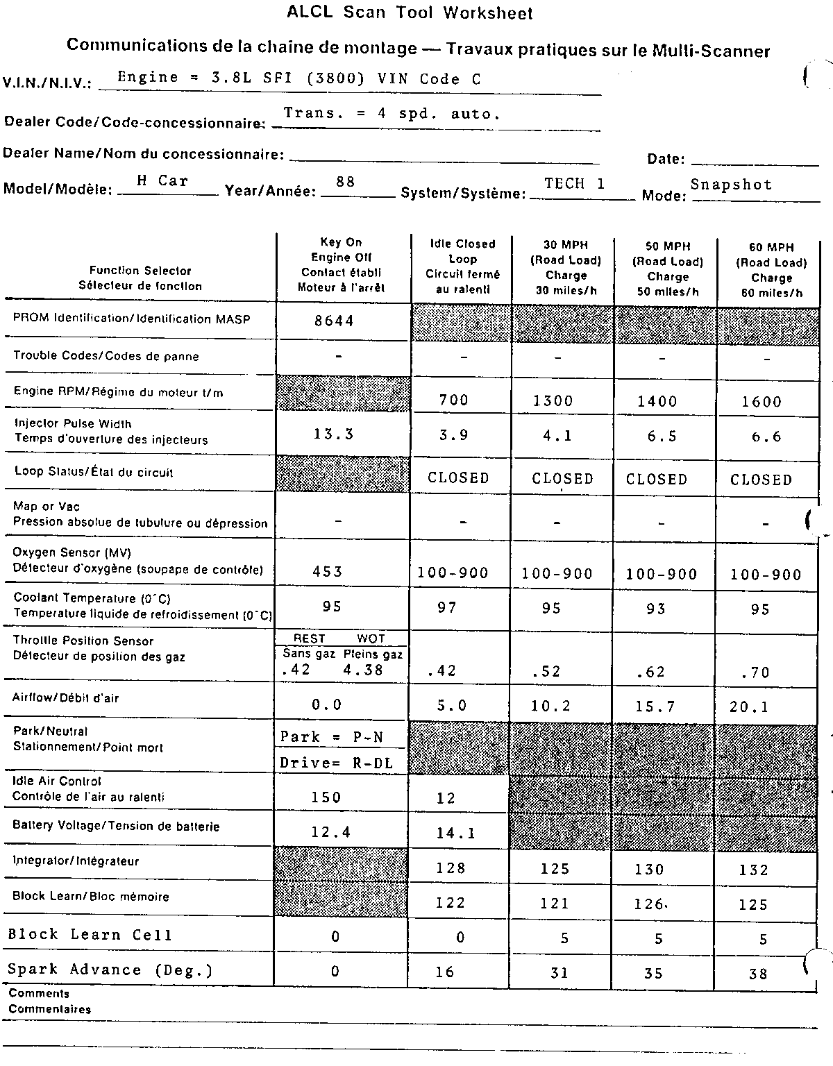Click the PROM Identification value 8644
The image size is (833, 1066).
334,321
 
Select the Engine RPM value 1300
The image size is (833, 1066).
553,400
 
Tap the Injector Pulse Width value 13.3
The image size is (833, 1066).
334,434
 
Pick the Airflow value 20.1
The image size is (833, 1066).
749,707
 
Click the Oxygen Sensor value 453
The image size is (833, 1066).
328,572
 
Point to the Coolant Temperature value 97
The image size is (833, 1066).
447,608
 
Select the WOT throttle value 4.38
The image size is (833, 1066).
363,670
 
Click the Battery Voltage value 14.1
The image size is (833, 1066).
456,833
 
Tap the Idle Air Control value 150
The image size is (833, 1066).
326,797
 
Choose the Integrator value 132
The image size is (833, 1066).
754,870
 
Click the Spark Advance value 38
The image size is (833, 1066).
758,974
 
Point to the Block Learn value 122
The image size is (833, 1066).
451,903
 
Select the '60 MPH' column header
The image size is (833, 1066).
771,269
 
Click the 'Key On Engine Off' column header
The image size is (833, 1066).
341,264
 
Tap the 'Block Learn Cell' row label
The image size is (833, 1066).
90,935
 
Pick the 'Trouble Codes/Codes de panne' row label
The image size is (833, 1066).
106,357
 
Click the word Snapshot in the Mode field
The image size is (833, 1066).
731,185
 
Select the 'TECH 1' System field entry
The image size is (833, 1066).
575,183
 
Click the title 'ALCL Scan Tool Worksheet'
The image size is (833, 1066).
410,12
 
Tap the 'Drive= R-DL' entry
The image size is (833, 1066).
337,763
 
